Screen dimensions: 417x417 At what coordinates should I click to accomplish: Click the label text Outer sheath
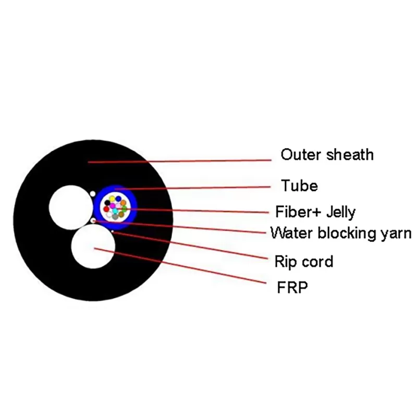(327, 154)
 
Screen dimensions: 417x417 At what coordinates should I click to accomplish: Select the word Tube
(299, 185)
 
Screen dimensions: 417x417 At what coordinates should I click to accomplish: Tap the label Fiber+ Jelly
(315, 212)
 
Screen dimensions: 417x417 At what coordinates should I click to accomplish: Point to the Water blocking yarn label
(341, 232)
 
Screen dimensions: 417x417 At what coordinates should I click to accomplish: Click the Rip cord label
(303, 261)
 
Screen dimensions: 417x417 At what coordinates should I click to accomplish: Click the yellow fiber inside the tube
(112, 199)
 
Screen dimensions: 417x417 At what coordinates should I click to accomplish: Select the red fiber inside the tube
(106, 209)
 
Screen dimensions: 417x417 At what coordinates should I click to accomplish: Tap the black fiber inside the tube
(107, 203)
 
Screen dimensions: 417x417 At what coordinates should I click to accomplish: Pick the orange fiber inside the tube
(123, 203)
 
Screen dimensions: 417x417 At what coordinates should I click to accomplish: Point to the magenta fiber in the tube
(113, 206)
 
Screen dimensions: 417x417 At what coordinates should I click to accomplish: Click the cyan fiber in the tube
(115, 211)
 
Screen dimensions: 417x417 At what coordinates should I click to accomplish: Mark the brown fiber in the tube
(121, 214)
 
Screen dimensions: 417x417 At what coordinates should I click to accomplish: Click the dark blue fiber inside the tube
(118, 198)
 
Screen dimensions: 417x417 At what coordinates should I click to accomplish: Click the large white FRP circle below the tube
(93, 248)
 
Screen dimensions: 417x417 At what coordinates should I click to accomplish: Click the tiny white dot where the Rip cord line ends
(113, 231)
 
